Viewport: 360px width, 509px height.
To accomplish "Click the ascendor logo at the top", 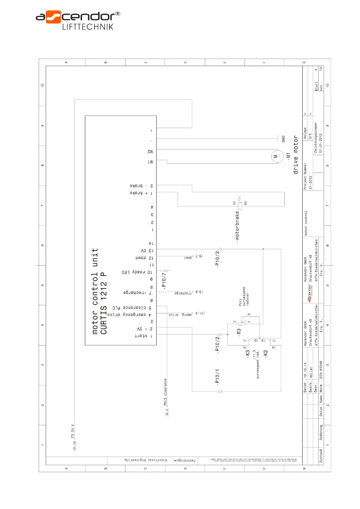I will click(78, 20).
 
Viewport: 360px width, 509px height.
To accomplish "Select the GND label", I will click(283, 139).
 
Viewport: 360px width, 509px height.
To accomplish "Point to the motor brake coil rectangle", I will click(240, 206).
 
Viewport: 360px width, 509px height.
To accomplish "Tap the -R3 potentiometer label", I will click(239, 332).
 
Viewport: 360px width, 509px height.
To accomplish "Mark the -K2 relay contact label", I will click(266, 354).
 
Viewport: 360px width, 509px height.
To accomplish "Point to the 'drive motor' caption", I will click(296, 155).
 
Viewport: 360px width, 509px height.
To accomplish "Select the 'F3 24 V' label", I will click(73, 431).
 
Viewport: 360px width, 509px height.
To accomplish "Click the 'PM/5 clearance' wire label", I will click(165, 392).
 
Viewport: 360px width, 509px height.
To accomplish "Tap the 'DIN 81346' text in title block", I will click(321, 369).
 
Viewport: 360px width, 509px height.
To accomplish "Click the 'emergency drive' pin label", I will click(127, 315).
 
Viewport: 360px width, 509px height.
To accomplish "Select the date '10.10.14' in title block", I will click(305, 370).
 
